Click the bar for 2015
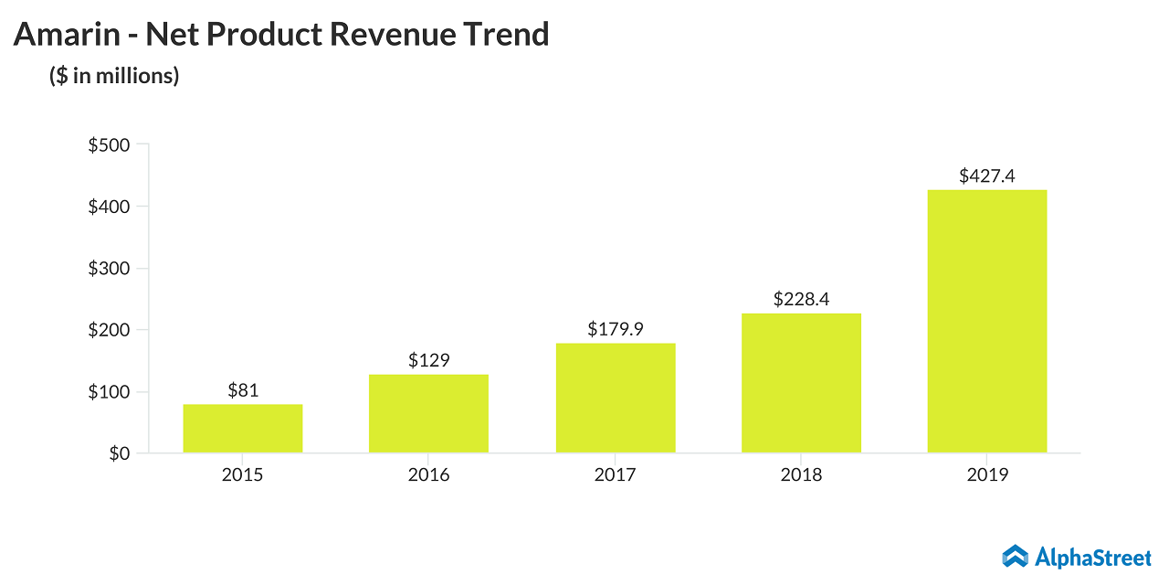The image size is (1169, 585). tap(242, 429)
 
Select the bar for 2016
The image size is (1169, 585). tap(428, 413)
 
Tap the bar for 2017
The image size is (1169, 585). tap(615, 398)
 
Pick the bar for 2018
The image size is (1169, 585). tap(801, 383)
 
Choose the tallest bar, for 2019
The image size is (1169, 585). tap(986, 321)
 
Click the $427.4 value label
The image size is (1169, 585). tap(986, 176)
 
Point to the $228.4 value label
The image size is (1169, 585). tap(801, 299)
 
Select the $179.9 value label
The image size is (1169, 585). tap(615, 329)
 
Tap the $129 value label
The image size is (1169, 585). tap(428, 360)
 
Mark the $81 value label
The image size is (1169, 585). tap(242, 390)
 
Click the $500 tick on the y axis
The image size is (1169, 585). tap(109, 144)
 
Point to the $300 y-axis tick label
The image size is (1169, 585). tap(109, 268)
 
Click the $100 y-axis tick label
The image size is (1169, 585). tap(109, 391)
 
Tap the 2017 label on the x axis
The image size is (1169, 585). tap(615, 475)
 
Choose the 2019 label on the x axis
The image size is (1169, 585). tap(986, 475)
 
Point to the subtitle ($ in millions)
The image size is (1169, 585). tap(114, 76)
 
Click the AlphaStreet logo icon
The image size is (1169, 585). tap(1015, 556)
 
